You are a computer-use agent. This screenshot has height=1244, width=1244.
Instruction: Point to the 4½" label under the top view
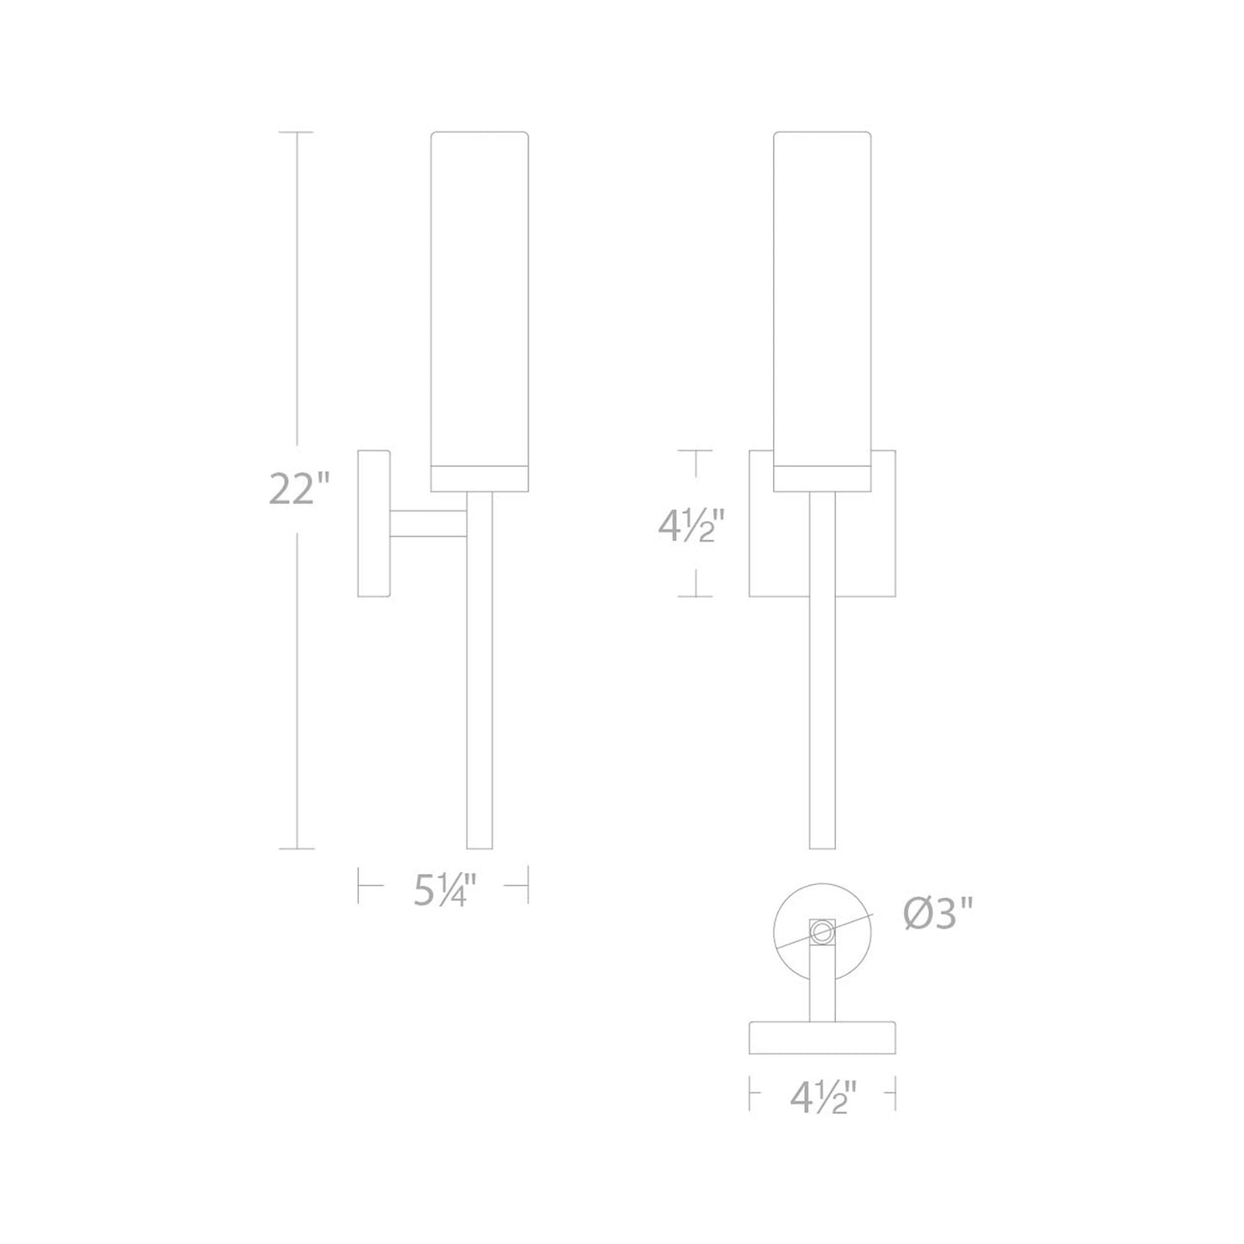[x=823, y=1099]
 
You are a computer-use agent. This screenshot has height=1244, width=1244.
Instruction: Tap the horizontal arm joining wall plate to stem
[x=428, y=523]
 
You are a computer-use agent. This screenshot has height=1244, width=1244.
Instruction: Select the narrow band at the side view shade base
[x=479, y=479]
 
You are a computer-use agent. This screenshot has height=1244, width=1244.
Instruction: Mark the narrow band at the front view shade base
[x=822, y=479]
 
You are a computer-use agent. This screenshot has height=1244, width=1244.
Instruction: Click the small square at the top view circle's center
[x=822, y=930]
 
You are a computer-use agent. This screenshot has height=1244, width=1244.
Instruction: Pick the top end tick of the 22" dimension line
[x=298, y=133]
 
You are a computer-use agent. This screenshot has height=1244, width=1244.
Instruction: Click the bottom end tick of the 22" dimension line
[x=298, y=849]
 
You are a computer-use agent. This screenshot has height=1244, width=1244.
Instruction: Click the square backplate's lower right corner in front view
[x=894, y=595]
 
